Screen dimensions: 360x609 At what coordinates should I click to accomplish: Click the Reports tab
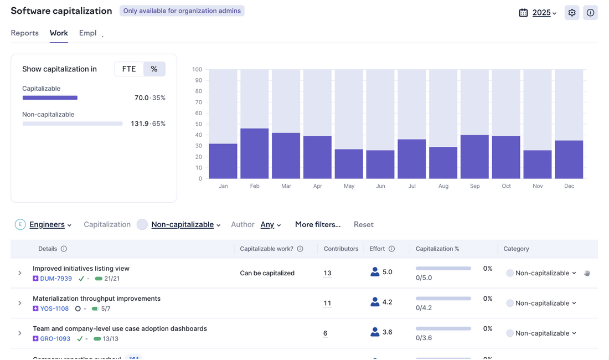(x=25, y=33)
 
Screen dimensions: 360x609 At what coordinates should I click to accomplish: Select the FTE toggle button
(x=129, y=69)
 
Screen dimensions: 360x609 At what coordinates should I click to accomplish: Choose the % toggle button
(x=154, y=69)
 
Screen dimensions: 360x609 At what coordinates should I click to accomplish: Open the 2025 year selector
(x=544, y=13)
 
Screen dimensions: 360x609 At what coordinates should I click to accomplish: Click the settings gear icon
(x=572, y=13)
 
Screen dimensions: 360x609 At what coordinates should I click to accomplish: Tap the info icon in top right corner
(x=591, y=13)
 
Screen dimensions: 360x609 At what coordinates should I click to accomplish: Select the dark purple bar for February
(x=255, y=153)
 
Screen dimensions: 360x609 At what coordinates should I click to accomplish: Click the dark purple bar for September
(x=475, y=157)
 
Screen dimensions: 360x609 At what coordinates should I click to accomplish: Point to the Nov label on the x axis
(x=538, y=186)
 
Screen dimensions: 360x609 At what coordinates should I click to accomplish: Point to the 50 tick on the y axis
(x=197, y=124)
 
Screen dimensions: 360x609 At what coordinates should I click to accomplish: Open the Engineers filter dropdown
(x=50, y=224)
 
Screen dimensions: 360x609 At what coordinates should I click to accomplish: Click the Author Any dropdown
(x=271, y=224)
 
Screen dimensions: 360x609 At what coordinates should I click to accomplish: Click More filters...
(x=318, y=224)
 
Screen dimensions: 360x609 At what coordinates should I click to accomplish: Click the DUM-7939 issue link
(x=56, y=279)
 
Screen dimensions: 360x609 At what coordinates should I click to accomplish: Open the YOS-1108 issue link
(x=54, y=308)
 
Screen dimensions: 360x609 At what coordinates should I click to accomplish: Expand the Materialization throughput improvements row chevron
(x=20, y=304)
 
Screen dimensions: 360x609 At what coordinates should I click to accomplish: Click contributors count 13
(x=327, y=273)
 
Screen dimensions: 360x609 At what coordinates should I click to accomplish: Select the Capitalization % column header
(x=437, y=249)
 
